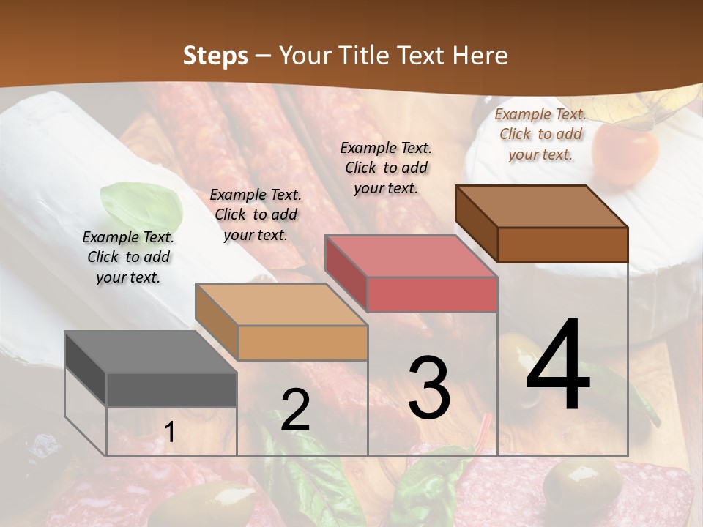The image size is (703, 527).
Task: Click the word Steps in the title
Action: point(215,56)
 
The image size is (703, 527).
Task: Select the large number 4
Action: point(558,366)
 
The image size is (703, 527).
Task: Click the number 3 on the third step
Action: point(429,388)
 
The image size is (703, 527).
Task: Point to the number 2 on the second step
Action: point(295,411)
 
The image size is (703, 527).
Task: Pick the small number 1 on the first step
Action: point(169,433)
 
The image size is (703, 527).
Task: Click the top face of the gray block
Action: point(150,351)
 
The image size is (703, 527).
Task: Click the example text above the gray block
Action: point(128,257)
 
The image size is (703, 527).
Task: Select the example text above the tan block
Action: point(256,214)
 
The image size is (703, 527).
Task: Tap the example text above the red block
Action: point(386,168)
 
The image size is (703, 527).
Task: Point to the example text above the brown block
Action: point(540,134)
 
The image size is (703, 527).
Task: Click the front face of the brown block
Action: point(562,244)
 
